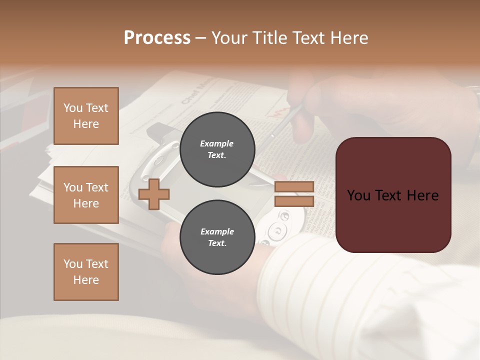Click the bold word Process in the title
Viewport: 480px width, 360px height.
(x=157, y=37)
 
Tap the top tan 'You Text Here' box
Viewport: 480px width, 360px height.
(x=86, y=116)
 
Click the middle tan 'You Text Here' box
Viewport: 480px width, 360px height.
(x=86, y=195)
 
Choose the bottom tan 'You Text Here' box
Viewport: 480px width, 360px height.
(x=86, y=272)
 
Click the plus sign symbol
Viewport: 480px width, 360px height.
(x=154, y=194)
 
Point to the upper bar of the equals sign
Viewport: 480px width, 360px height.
(x=294, y=186)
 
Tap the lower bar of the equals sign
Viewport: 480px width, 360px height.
(x=294, y=201)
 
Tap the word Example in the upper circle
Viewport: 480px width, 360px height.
(x=217, y=143)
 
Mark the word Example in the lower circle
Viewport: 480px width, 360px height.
(x=217, y=231)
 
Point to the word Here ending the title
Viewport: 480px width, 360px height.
(x=350, y=37)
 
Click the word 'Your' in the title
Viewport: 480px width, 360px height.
(x=229, y=37)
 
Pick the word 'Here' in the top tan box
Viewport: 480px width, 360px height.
(x=86, y=124)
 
